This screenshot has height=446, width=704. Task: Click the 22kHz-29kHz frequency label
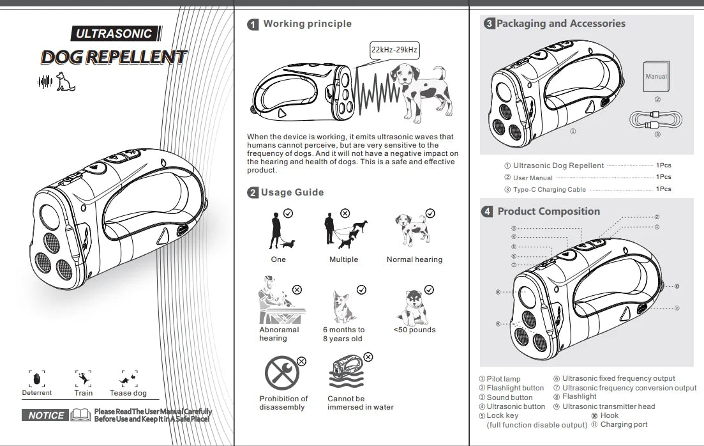click(x=395, y=50)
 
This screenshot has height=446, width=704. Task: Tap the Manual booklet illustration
click(x=655, y=77)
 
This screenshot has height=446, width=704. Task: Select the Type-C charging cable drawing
click(x=655, y=120)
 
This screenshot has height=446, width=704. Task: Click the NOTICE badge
click(x=47, y=415)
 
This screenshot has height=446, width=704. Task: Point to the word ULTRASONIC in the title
click(x=114, y=34)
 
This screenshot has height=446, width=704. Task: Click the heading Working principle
click(x=307, y=24)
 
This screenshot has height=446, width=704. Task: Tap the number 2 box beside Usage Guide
click(x=253, y=192)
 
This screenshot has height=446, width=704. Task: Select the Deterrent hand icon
click(x=36, y=378)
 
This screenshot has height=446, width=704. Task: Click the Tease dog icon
click(x=129, y=380)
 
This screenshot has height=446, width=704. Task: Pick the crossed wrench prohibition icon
click(x=281, y=374)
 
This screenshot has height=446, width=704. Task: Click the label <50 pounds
click(x=414, y=330)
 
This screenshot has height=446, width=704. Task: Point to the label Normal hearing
click(x=414, y=259)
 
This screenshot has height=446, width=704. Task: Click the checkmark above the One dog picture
click(x=288, y=213)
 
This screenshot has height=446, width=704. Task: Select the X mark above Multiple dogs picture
click(x=345, y=213)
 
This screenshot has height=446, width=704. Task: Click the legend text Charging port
click(x=624, y=424)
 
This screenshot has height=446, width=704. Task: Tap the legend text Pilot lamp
click(x=503, y=379)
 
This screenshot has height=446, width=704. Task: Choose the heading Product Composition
click(x=548, y=211)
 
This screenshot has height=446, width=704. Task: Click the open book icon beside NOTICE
click(x=80, y=415)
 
